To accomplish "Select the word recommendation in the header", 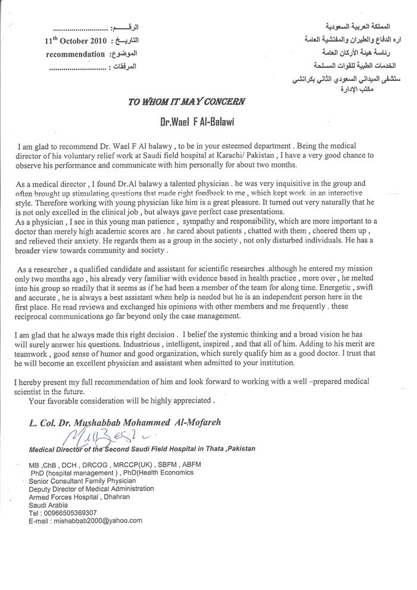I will coord(74,54).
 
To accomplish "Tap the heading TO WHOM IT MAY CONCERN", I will coord(186,101).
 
